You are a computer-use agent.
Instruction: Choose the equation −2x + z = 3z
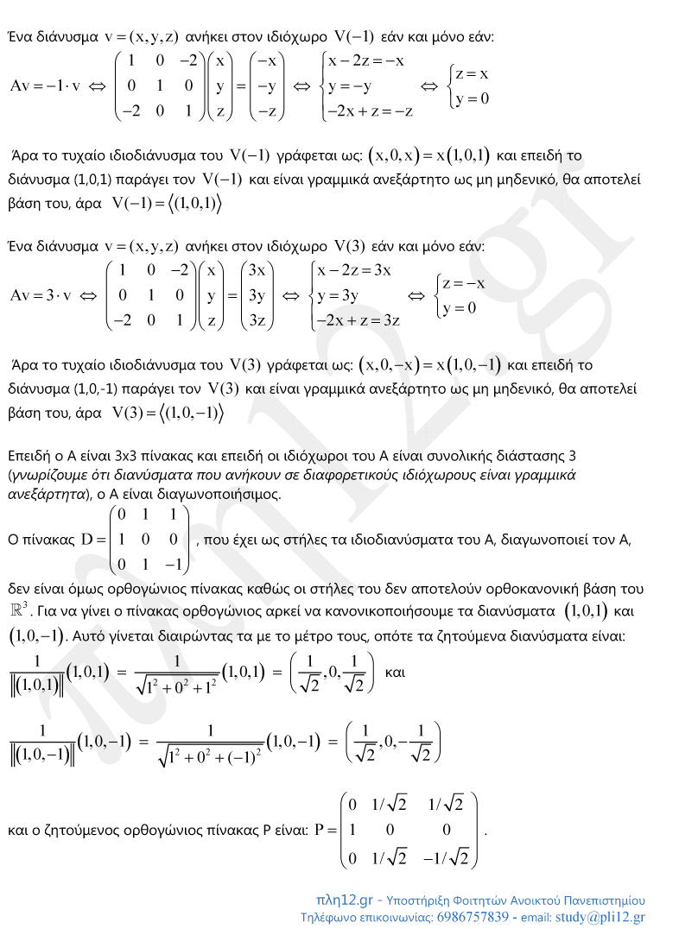click(x=359, y=320)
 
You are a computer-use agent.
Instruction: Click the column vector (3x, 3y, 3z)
click(x=257, y=296)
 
